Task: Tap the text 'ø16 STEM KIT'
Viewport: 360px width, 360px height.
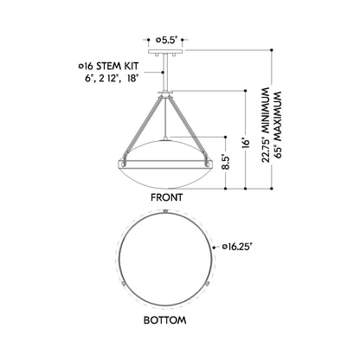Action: (100, 65)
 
